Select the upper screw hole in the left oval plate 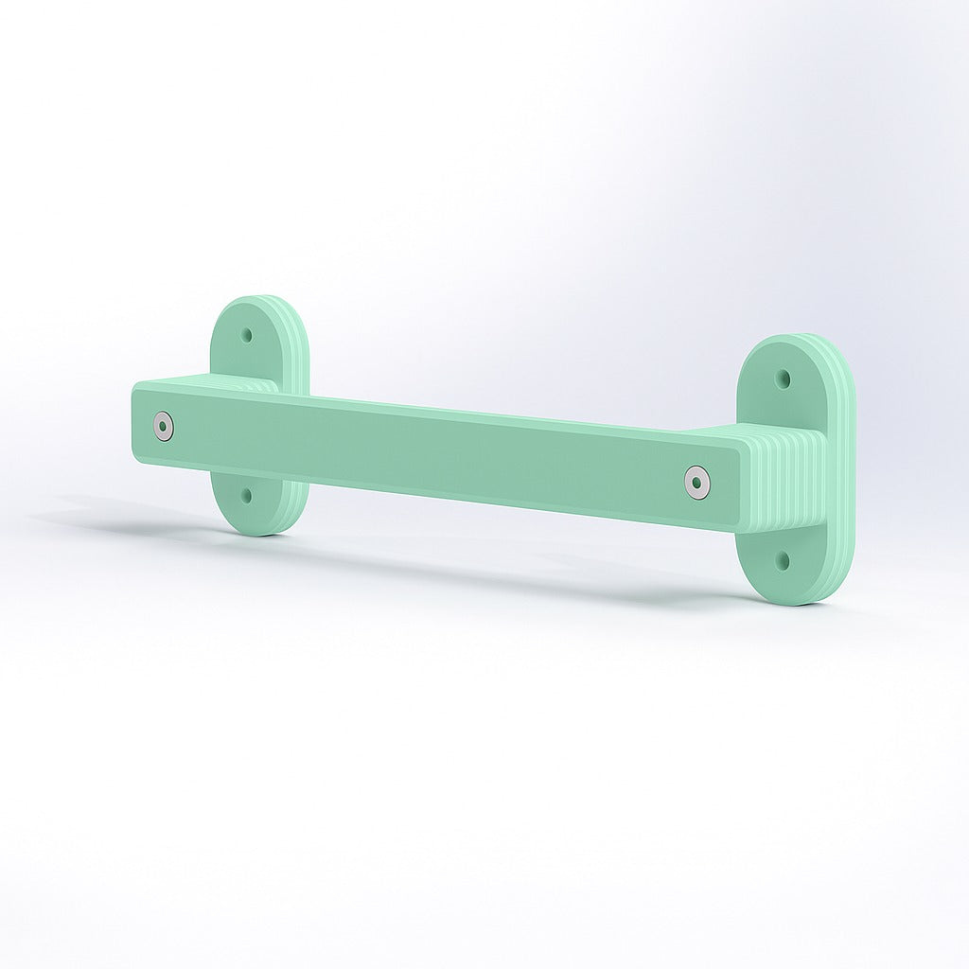pyautogui.click(x=248, y=335)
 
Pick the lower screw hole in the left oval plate pyautogui.click(x=248, y=494)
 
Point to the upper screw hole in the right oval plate pyautogui.click(x=783, y=379)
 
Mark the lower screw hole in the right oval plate pyautogui.click(x=783, y=560)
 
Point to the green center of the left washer pyautogui.click(x=166, y=427)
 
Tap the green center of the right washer pyautogui.click(x=697, y=483)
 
